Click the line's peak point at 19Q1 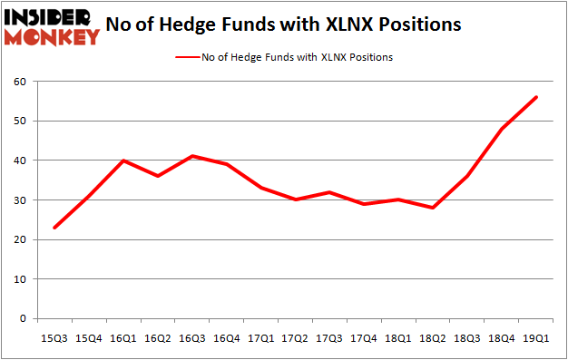tap(537, 97)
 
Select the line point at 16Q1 tap(124, 161)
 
